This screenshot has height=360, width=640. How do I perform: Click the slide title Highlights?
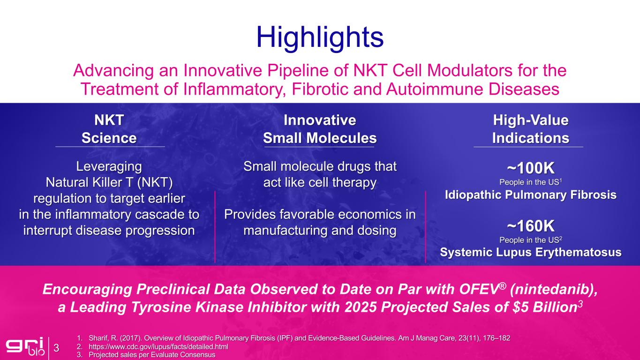click(x=320, y=37)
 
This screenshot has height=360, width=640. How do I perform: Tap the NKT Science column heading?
click(x=109, y=129)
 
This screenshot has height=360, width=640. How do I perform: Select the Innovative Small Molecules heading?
click(x=320, y=129)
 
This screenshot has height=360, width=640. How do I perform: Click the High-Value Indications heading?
click(x=531, y=129)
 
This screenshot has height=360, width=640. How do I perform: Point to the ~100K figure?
click(x=531, y=168)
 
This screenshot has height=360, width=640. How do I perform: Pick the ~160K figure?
click(x=531, y=226)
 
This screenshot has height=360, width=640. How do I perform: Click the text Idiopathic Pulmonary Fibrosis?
click(x=531, y=195)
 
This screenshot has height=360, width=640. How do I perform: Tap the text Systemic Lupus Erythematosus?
click(x=531, y=252)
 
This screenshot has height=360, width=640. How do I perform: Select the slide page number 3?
click(x=56, y=348)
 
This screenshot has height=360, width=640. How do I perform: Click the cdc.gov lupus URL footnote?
click(x=158, y=346)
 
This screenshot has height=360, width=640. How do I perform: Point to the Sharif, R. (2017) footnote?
click(x=300, y=338)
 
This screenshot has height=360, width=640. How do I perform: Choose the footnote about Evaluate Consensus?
click(x=152, y=355)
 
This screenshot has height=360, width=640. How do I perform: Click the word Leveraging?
click(x=109, y=166)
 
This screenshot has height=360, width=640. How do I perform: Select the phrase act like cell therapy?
click(x=320, y=182)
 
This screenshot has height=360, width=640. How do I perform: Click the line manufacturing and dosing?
click(x=320, y=230)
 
